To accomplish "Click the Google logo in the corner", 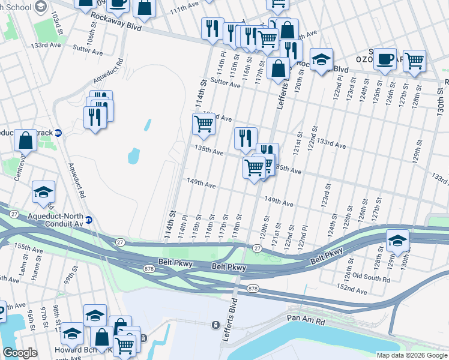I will coord(20,353).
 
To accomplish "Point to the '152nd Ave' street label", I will coord(352,290).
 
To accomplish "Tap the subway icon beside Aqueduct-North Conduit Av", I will coord(88,220).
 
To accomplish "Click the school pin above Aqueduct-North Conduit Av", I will coord(43,191).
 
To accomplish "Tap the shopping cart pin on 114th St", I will coord(203,124).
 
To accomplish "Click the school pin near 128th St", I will coord(397,240).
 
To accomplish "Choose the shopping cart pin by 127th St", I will coord(414,61).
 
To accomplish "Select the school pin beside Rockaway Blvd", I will coord(321,59).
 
